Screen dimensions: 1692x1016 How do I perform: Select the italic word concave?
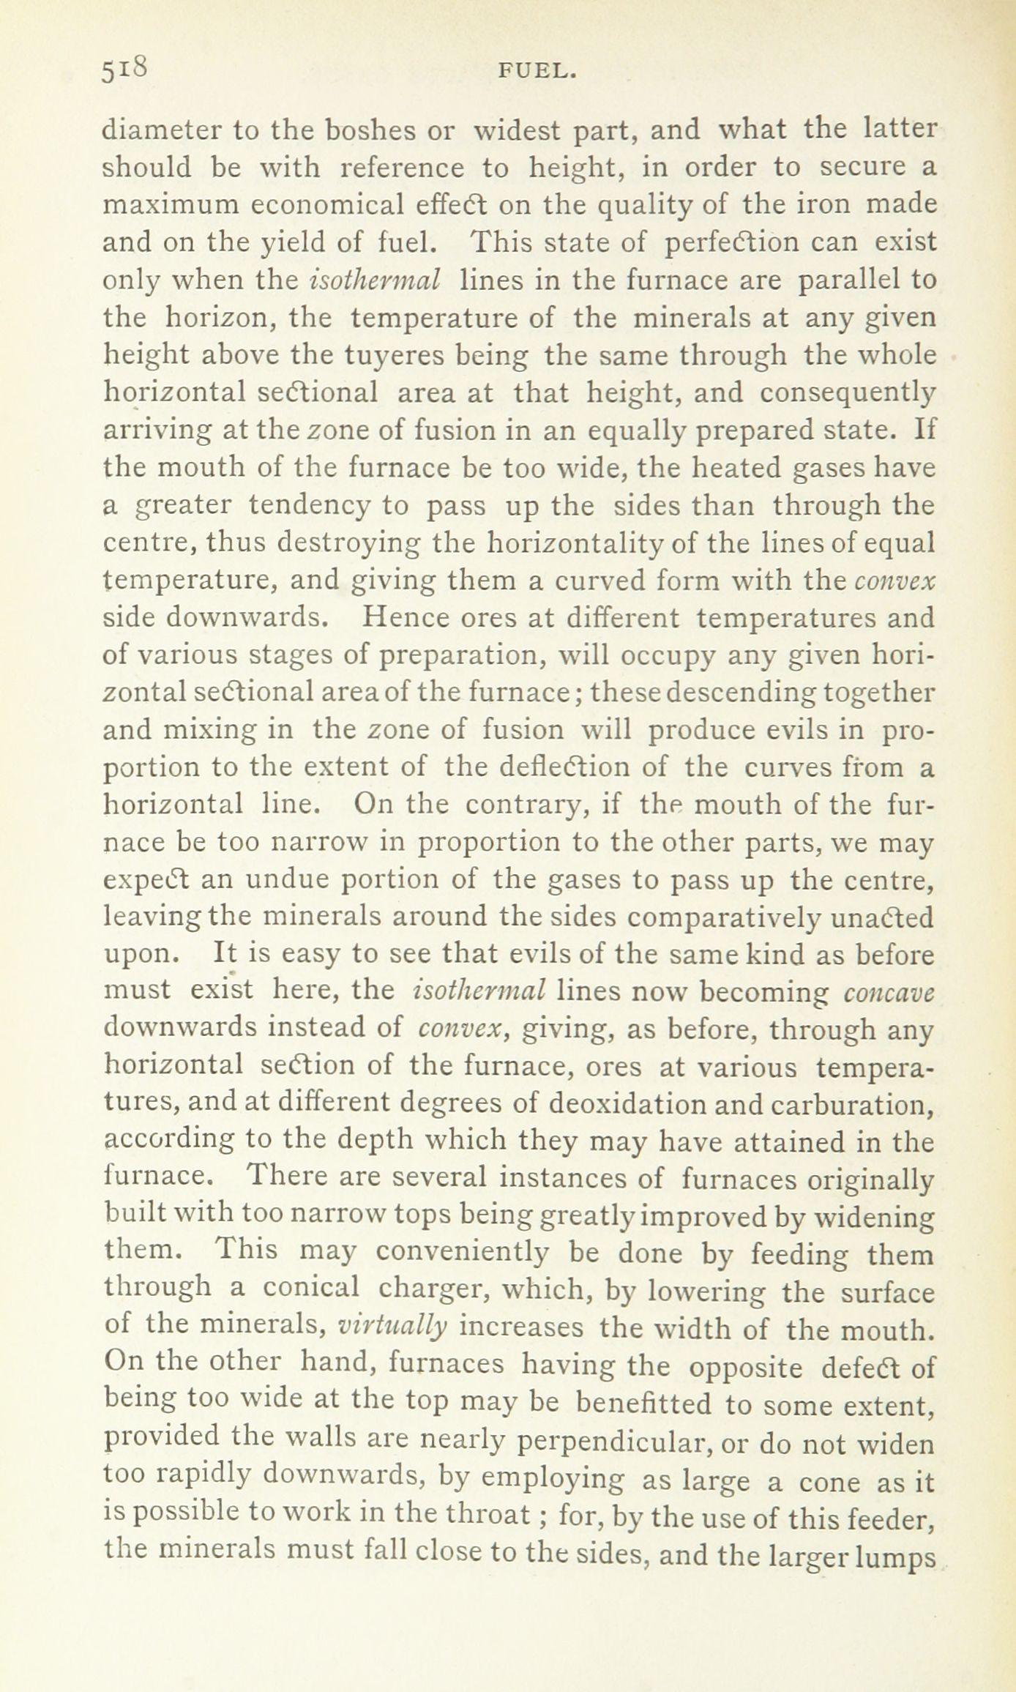889,992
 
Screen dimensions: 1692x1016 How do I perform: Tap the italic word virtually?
392,1327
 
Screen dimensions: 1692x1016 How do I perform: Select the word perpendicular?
615,1442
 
